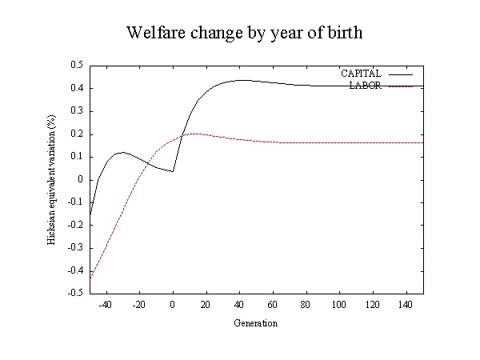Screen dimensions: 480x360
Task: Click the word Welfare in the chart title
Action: coord(156,32)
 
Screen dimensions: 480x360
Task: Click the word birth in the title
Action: coord(346,32)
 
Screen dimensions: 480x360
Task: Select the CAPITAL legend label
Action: coord(362,74)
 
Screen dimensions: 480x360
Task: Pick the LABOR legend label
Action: coord(366,86)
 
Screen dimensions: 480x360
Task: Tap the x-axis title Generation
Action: coord(256,323)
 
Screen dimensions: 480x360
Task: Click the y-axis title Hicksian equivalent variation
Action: coord(51,180)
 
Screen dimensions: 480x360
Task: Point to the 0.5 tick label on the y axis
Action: coord(77,65)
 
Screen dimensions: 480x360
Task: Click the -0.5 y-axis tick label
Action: coord(75,293)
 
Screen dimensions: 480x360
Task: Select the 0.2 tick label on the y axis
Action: coord(77,134)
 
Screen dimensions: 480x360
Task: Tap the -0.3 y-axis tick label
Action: coord(75,247)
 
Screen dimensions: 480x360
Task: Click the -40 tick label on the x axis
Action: coord(106,305)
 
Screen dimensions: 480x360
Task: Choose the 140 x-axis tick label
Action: coord(406,305)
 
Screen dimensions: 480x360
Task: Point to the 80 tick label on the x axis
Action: coord(306,305)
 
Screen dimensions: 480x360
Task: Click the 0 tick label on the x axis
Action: coord(173,305)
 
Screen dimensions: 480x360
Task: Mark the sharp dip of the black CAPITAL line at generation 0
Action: coord(173,171)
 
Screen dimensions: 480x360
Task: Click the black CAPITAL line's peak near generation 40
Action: coord(242,80)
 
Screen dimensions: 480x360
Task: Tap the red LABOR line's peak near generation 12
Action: coord(194,134)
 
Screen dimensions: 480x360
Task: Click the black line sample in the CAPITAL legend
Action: coord(401,74)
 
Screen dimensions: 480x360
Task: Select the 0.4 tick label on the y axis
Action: coord(77,88)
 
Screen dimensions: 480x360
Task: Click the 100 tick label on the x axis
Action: coord(339,305)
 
